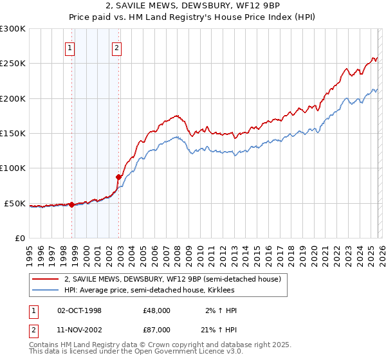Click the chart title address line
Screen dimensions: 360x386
click(x=193, y=6)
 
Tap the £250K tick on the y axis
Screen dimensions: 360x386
click(x=13, y=64)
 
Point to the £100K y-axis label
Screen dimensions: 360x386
click(x=13, y=168)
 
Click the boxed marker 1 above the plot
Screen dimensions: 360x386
click(x=70, y=47)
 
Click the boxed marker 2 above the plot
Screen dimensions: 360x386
click(x=116, y=47)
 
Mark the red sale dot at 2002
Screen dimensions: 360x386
click(x=118, y=177)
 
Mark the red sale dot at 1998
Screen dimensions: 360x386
click(x=72, y=204)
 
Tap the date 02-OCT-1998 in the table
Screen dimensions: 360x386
click(x=80, y=310)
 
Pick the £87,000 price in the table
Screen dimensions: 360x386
click(x=157, y=329)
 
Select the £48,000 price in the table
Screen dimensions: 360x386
click(x=157, y=310)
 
